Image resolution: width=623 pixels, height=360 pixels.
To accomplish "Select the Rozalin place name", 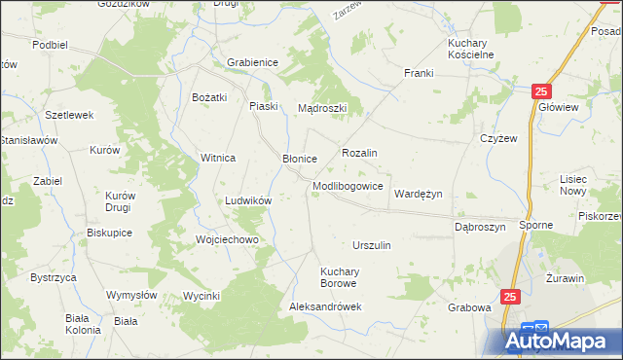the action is [x=359, y=154].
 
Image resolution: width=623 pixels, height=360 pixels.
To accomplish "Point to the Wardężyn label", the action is [x=418, y=194].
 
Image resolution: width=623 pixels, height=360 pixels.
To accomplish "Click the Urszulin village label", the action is [x=372, y=245].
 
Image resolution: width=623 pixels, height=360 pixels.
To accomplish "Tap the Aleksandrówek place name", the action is [x=326, y=306].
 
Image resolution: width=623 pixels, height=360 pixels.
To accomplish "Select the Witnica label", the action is [x=218, y=158].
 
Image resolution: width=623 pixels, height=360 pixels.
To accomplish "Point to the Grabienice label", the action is [x=253, y=62].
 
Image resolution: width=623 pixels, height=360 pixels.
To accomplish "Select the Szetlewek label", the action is [x=69, y=115].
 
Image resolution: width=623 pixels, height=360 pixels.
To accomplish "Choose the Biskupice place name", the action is [x=109, y=233].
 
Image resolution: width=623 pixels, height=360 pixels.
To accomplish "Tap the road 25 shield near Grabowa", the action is [x=511, y=295].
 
